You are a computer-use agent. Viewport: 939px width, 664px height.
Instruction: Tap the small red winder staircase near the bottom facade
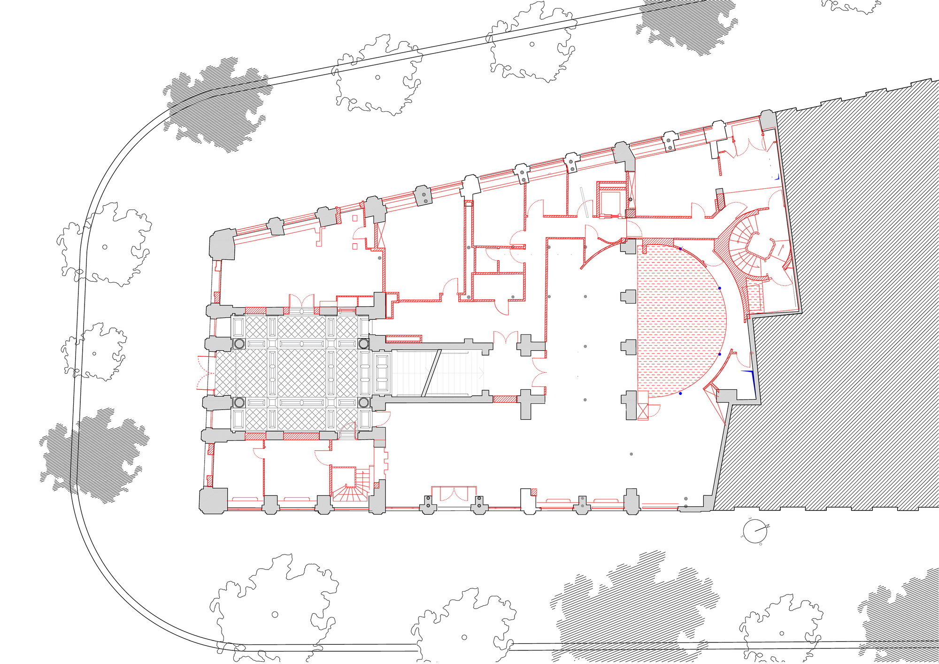tap(350, 488)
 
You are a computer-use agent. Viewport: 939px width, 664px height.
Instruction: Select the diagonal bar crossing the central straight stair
tap(431, 373)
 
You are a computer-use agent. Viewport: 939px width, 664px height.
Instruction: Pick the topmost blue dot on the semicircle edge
tap(680, 248)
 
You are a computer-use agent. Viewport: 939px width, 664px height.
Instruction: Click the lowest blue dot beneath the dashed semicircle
tap(681, 394)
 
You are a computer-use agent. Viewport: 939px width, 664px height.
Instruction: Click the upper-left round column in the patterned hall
tap(239, 343)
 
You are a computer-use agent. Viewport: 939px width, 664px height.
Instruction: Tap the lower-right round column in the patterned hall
tap(363, 402)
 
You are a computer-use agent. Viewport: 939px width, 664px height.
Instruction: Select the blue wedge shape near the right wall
tap(751, 380)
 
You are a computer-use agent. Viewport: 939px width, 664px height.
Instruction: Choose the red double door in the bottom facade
tap(454, 494)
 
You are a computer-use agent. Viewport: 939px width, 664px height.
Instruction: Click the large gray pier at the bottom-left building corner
tap(214, 500)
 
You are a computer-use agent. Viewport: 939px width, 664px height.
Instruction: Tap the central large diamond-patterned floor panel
tap(301, 373)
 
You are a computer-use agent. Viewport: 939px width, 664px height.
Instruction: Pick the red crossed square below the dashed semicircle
tap(642, 411)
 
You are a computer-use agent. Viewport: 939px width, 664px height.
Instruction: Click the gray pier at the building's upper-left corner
tap(223, 244)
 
